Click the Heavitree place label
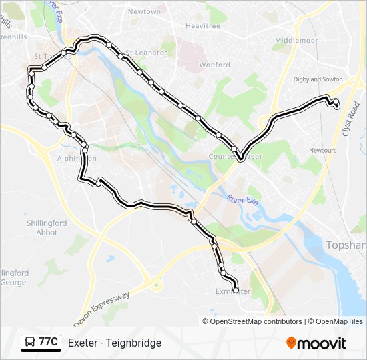click(x=203, y=26)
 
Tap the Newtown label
click(x=144, y=12)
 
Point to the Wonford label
click(x=214, y=65)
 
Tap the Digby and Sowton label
click(x=318, y=79)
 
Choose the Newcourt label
click(x=322, y=150)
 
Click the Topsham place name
click(x=346, y=245)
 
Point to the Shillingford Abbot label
click(x=47, y=227)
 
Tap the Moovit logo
click(x=316, y=343)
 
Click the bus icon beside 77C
click(x=29, y=343)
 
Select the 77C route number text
click(x=48, y=343)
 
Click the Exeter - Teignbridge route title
click(x=115, y=343)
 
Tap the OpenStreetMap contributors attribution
click(x=256, y=321)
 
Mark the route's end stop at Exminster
click(x=236, y=290)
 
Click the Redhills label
click(x=13, y=37)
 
